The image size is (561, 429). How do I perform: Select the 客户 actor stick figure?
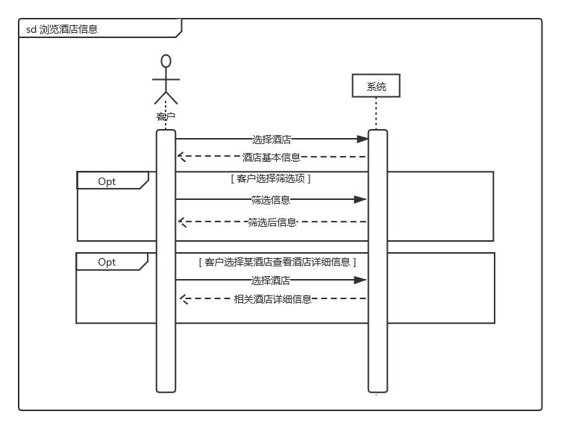pyautogui.click(x=166, y=81)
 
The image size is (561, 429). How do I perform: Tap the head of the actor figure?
pyautogui.click(x=166, y=61)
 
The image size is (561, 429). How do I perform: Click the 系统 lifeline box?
pyautogui.click(x=377, y=87)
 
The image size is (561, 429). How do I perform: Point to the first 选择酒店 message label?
pyautogui.click(x=272, y=139)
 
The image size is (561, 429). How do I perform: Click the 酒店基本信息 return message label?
pyautogui.click(x=272, y=157)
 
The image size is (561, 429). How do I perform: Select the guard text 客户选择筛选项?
pyautogui.click(x=272, y=179)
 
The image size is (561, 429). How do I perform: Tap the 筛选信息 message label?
pyautogui.click(x=270, y=199)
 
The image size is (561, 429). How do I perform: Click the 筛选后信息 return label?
pyautogui.click(x=272, y=222)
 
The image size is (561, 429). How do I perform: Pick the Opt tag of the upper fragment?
pyautogui.click(x=107, y=181)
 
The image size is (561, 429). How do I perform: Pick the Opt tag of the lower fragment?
pyautogui.click(x=107, y=262)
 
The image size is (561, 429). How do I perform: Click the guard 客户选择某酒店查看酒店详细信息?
pyautogui.click(x=278, y=262)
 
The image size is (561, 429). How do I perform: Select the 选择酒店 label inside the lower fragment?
pyautogui.click(x=270, y=281)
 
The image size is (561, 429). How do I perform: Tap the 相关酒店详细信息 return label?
pyautogui.click(x=272, y=299)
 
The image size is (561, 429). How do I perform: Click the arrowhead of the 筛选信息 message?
pyautogui.click(x=361, y=199)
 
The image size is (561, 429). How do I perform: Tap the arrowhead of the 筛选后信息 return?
pyautogui.click(x=181, y=222)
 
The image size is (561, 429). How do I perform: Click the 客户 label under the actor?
pyautogui.click(x=166, y=116)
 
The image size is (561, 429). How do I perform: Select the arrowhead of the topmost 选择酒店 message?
pyautogui.click(x=363, y=139)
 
